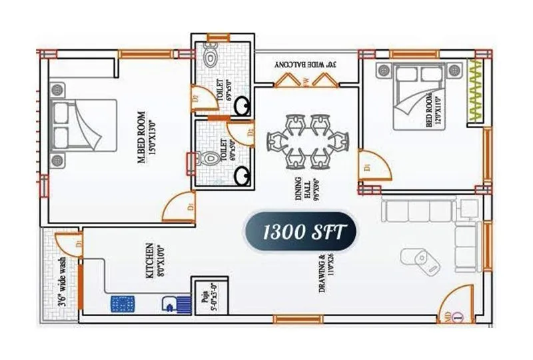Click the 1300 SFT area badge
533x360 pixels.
tap(303, 233)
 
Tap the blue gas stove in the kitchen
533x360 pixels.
tap(123, 305)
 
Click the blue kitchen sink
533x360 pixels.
tap(171, 303)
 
